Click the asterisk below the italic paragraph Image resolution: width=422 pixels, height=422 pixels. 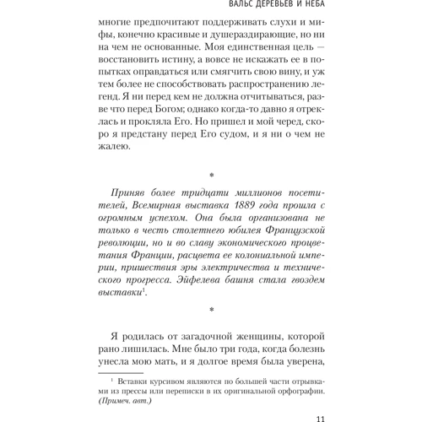tap(211, 311)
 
